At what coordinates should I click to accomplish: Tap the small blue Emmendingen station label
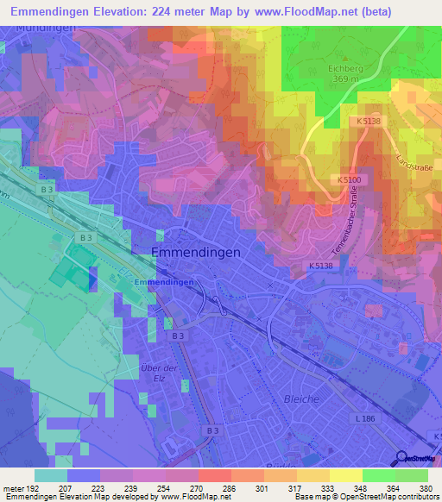pyautogui.click(x=164, y=282)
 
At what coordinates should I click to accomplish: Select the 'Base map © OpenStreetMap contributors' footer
pyautogui.click(x=365, y=497)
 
